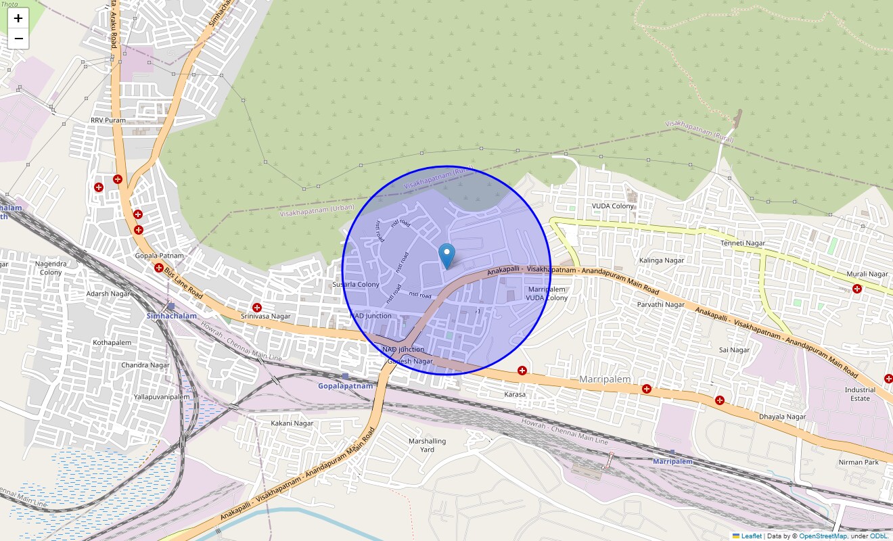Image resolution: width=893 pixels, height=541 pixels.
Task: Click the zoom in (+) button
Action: pos(18,18)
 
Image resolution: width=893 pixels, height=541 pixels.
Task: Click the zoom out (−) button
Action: pos(18,39)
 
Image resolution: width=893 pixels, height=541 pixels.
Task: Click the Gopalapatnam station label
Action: pos(345,385)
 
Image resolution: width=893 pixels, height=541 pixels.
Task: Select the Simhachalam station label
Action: pos(172,316)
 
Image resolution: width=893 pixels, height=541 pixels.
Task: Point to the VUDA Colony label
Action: pos(613,206)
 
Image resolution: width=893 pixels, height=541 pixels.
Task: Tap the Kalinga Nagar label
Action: pos(661,260)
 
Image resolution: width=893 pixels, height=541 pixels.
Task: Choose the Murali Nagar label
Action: pos(867,274)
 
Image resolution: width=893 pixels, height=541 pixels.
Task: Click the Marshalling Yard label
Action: pos(427,445)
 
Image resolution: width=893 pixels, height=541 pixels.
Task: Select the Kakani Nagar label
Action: pos(292,423)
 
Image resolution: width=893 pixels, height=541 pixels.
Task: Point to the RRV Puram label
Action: pos(108,120)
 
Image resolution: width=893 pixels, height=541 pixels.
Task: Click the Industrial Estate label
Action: pos(860,394)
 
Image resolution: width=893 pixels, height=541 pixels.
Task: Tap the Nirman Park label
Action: pos(858,462)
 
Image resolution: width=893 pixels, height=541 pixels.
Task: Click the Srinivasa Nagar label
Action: pos(266,316)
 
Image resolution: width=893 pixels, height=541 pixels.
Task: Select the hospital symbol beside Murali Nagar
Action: pos(857,289)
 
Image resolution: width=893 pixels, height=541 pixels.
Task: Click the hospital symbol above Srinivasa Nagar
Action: pos(257,307)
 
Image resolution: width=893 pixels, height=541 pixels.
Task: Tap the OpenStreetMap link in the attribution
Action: pos(823,536)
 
